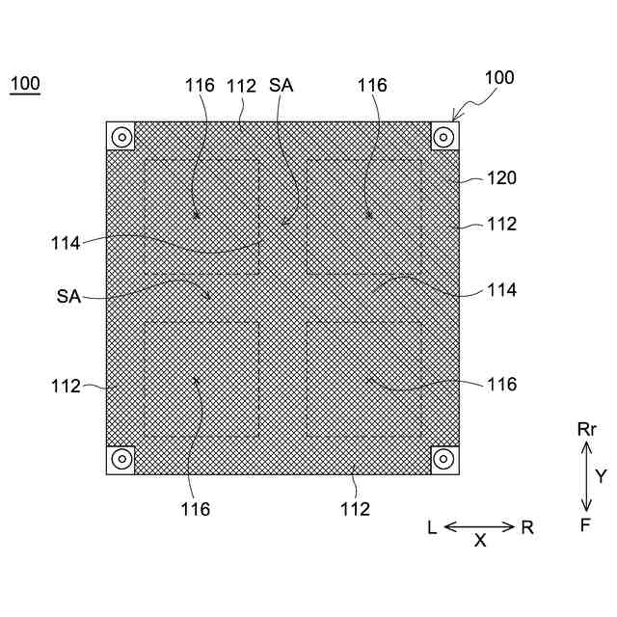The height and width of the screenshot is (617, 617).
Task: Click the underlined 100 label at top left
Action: click(x=25, y=84)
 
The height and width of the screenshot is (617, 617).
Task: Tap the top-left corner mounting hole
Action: click(x=121, y=136)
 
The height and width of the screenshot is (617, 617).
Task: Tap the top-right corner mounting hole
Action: click(x=443, y=136)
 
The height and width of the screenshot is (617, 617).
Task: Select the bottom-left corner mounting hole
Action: click(x=121, y=459)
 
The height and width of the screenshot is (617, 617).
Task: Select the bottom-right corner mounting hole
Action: click(x=443, y=459)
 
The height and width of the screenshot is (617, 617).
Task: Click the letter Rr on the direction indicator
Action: click(x=587, y=430)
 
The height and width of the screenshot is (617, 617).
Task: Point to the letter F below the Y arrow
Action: click(x=586, y=525)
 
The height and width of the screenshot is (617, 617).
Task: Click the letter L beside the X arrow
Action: click(x=433, y=527)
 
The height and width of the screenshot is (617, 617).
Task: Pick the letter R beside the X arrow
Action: click(x=527, y=527)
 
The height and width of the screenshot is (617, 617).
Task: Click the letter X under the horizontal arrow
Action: click(x=480, y=542)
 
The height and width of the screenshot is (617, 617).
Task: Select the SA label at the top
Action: click(x=282, y=85)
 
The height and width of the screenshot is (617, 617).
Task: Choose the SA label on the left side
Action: click(x=68, y=296)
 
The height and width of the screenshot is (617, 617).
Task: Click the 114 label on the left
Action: click(x=67, y=242)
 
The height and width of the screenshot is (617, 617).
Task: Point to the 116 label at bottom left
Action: click(x=194, y=508)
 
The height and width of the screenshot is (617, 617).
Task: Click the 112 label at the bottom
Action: click(x=355, y=508)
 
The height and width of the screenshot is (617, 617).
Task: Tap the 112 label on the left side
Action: click(x=67, y=386)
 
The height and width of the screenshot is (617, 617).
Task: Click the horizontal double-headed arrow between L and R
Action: click(x=480, y=526)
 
